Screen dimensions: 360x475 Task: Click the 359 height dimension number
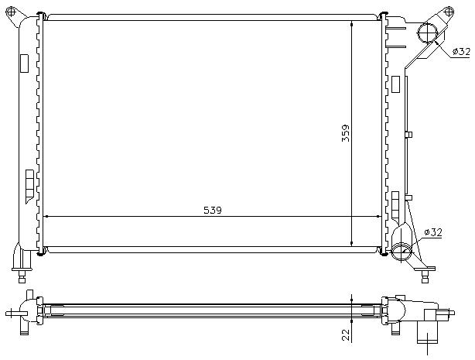click(x=346, y=135)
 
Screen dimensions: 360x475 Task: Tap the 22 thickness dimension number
click(x=346, y=334)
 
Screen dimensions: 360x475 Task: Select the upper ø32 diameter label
click(x=460, y=51)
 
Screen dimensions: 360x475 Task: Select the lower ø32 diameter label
click(x=433, y=231)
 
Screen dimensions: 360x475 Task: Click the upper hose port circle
click(x=427, y=33)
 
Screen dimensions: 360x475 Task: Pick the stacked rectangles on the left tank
click(x=29, y=183)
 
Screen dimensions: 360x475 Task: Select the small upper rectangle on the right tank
click(x=395, y=84)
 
